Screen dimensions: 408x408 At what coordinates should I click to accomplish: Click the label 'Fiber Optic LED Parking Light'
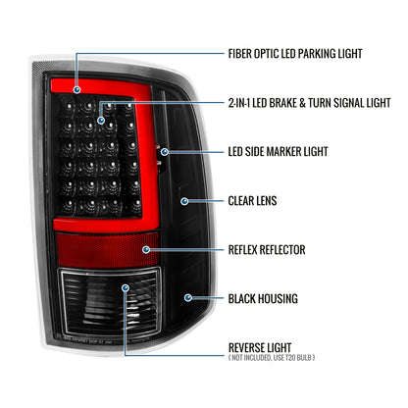pyautogui.click(x=295, y=54)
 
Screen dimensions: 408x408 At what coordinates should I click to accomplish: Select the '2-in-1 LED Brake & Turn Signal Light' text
pyautogui.click(x=309, y=103)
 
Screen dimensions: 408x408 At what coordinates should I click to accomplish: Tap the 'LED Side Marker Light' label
pyautogui.click(x=278, y=152)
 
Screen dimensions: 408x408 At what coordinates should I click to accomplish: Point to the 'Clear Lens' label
pyautogui.click(x=252, y=201)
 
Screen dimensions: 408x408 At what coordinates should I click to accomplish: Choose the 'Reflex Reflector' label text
pyautogui.click(x=267, y=250)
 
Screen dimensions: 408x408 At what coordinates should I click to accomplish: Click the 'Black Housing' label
pyautogui.click(x=263, y=299)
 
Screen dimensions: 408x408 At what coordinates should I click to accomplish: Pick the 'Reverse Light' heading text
pyautogui.click(x=260, y=347)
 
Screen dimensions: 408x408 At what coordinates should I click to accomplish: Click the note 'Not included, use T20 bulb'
pyautogui.click(x=272, y=358)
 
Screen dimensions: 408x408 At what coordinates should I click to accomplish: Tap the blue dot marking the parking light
pyautogui.click(x=77, y=89)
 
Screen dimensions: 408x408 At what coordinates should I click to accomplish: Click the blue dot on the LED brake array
pyautogui.click(x=101, y=121)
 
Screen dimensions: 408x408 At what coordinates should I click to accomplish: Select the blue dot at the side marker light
pyautogui.click(x=165, y=152)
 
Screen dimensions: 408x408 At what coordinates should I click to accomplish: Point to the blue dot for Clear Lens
pyautogui.click(x=184, y=201)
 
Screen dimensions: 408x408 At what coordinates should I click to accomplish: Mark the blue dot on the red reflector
pyautogui.click(x=146, y=250)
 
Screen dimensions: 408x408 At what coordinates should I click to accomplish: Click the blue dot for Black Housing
pyautogui.click(x=188, y=297)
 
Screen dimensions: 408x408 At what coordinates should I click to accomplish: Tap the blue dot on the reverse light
pyautogui.click(x=126, y=288)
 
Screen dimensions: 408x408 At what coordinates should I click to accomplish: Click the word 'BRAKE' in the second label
pyautogui.click(x=282, y=103)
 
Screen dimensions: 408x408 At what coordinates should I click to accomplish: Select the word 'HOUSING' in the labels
pyautogui.click(x=278, y=299)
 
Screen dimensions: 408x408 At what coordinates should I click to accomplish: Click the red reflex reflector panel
pyautogui.click(x=107, y=250)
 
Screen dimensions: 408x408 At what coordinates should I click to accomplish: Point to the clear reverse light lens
pyautogui.click(x=110, y=302)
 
